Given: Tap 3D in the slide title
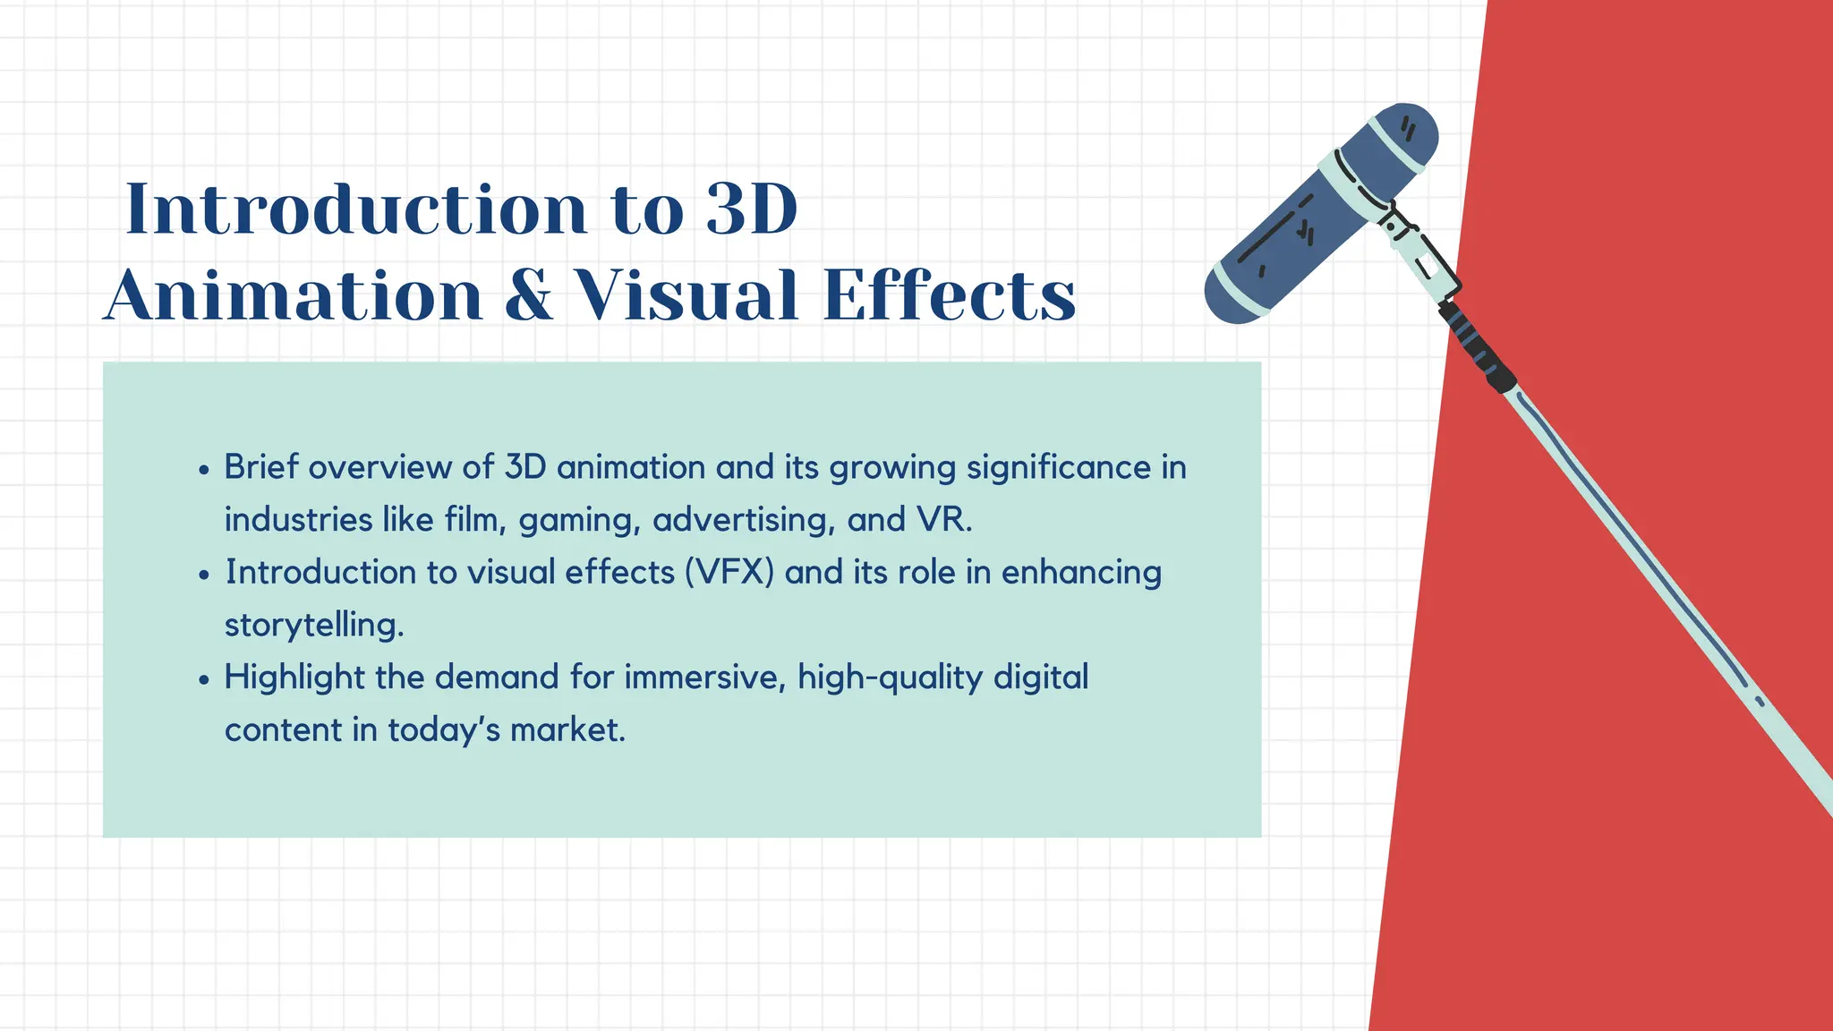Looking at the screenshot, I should coord(751,209).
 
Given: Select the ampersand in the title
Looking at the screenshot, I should coord(528,295).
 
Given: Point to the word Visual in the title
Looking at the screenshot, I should coord(685,295).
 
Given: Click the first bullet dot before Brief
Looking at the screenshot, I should coord(205,470).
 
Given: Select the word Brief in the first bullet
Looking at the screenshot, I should coord(261,467).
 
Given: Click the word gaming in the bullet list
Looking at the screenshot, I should coord(579,521).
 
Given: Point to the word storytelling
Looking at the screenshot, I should coord(313,625).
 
